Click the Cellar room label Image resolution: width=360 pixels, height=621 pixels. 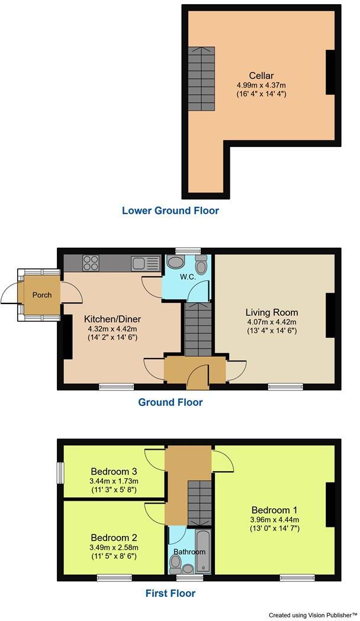tap(261, 76)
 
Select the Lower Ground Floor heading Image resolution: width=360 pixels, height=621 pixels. tap(170, 210)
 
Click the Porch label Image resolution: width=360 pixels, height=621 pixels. tap(41, 295)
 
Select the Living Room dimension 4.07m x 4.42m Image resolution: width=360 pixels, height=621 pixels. tap(272, 322)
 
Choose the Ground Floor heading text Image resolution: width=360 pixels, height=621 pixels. tap(170, 402)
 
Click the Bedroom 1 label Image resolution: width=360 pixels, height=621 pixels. tap(274, 510)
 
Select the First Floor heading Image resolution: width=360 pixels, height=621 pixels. tap(170, 593)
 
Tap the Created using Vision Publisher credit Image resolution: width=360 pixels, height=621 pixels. tap(313, 615)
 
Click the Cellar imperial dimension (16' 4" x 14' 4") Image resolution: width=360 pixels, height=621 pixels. tap(261, 94)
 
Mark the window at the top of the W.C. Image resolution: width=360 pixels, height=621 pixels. tap(189, 250)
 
